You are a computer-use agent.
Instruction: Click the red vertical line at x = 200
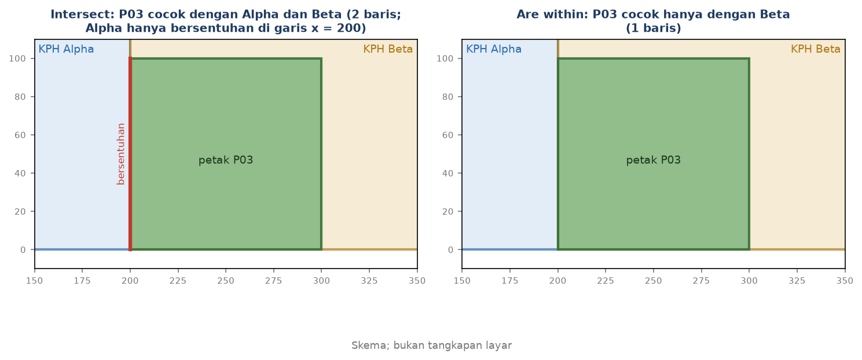coord(130,154)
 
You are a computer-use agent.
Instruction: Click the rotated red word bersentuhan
coord(121,154)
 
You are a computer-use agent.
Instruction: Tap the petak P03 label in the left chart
coord(226,160)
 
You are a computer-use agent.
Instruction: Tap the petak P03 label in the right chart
coord(654,160)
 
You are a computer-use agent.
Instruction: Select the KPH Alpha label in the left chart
coord(66,49)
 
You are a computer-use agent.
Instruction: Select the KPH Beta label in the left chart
coord(388,49)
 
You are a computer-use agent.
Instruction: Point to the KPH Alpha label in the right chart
coord(494,49)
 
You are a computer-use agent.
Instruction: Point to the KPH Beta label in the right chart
coord(816,49)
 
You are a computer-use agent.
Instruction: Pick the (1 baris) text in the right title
coord(654,28)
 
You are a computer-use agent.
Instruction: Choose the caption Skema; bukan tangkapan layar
coord(431,346)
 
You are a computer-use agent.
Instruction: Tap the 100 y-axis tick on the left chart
coord(17,58)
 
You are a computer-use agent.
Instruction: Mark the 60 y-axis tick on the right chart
coord(447,135)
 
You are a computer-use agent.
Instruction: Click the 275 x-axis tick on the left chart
coord(274,281)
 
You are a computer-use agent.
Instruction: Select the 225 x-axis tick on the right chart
coord(606,281)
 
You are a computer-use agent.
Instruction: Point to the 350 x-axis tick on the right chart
coord(845,281)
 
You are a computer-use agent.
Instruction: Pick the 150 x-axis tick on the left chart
coord(34,281)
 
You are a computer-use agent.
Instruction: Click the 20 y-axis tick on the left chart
coord(20,211)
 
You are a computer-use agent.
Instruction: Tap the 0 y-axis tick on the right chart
coord(450,249)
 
